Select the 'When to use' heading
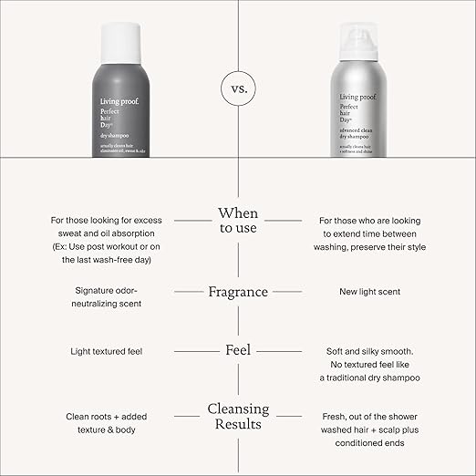pos(237,221)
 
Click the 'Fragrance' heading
pos(237,292)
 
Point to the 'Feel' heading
pos(237,350)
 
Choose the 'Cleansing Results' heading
pos(237,416)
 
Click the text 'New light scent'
pos(363,292)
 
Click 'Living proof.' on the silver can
pos(361,96)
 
